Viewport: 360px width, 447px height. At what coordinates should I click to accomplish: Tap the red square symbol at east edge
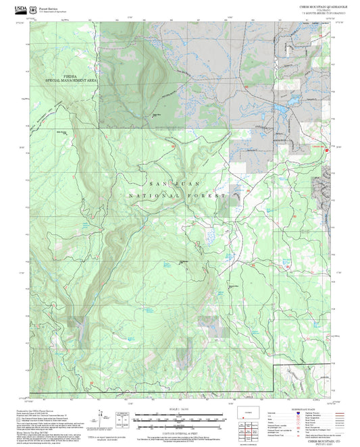tap(328, 151)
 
